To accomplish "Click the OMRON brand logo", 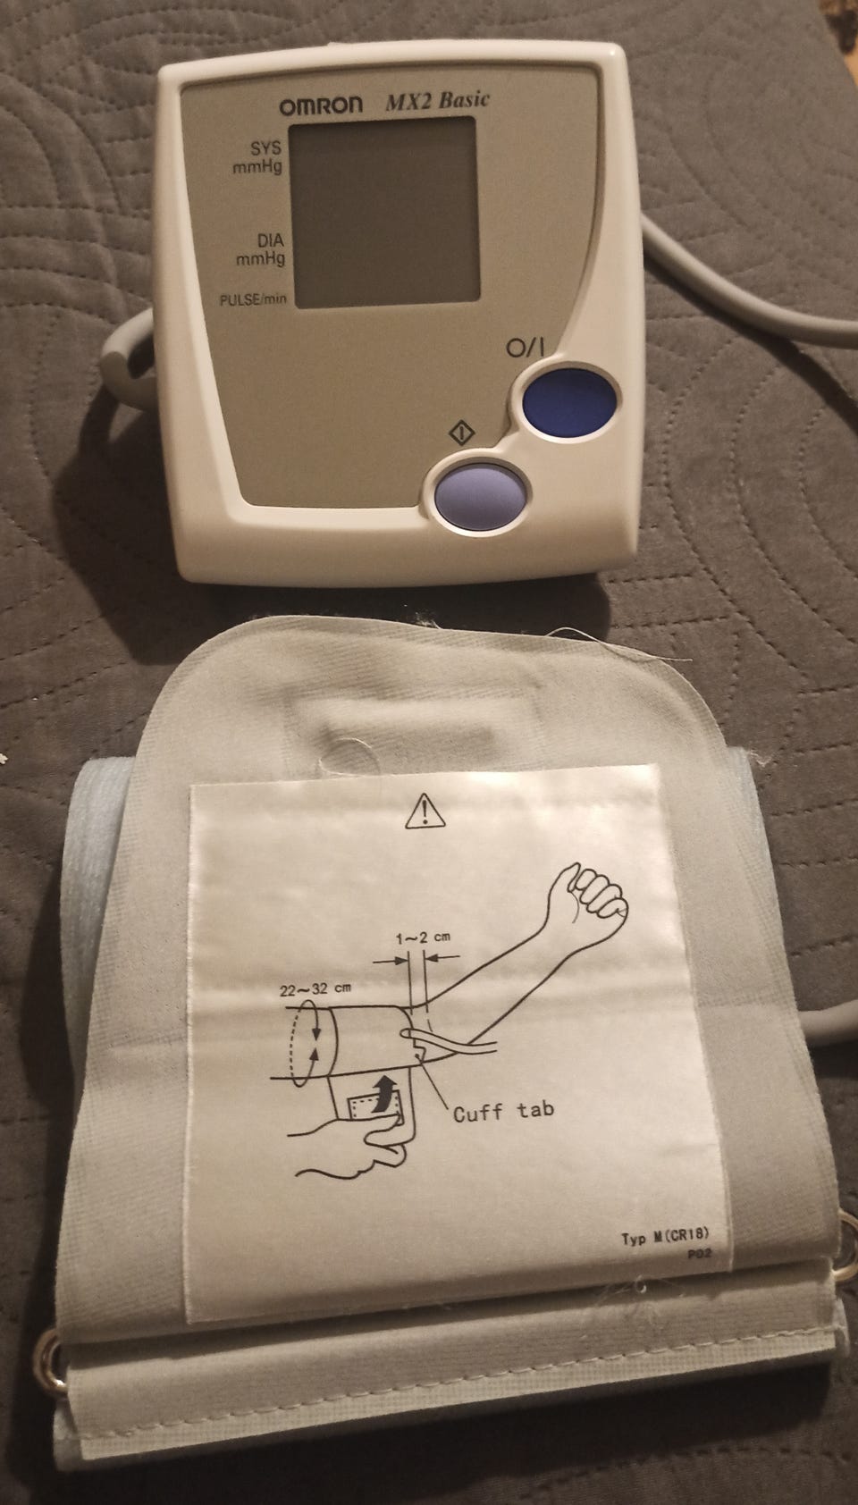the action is pos(321,105).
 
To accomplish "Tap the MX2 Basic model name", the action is pos(437,101).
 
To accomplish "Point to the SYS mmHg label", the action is pos(258,157).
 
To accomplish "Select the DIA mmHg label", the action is pos(261,248).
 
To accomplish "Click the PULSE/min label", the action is pos(253,299).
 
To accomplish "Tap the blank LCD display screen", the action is pos(383,212).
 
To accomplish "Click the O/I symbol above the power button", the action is pos(525,348).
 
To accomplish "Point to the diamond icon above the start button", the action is pos(461,432).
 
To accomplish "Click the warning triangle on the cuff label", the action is pos(425,811).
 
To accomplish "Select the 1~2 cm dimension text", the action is pos(423,937).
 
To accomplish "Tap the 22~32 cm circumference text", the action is pos(315,989).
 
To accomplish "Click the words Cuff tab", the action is pos(503,1111).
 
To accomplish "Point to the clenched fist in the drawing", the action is pos(597,893).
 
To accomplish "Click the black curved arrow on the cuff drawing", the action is pos(383,1092).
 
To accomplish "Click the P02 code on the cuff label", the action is pos(700,1252).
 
